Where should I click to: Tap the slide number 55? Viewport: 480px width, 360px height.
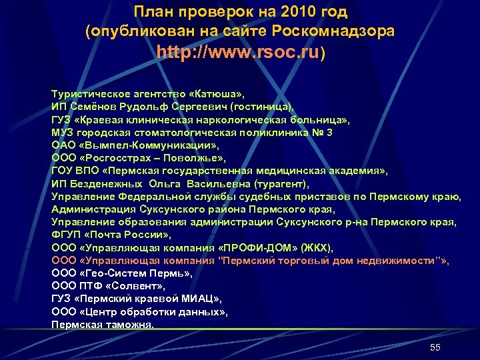click(435, 348)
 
